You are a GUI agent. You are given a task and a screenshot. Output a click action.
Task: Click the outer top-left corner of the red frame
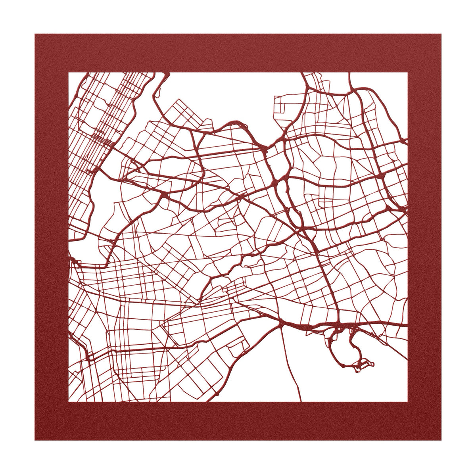coord(35,35)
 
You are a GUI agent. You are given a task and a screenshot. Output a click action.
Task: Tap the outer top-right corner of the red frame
coord(441,35)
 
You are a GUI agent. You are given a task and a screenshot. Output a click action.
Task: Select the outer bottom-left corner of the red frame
coord(35,440)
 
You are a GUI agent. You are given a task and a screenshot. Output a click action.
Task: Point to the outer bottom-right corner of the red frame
coord(441,440)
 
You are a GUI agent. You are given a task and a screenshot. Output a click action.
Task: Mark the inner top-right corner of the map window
coord(407,73)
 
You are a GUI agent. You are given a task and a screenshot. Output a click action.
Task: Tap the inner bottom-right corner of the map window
coord(407,402)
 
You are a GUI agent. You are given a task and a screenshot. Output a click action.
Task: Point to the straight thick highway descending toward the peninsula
coord(325,278)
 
